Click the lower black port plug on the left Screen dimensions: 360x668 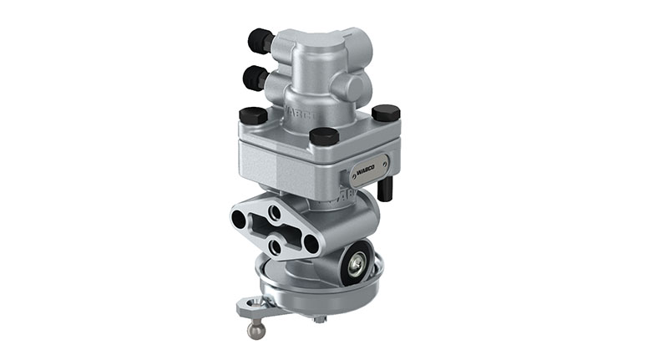point(256,78)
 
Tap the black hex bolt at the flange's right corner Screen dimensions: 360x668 point(385,113)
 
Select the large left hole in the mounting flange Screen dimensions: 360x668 point(240,221)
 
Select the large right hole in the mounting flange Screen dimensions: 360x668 point(311,244)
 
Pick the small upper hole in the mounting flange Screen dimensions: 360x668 point(275,213)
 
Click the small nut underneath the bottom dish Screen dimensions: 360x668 point(321,318)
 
